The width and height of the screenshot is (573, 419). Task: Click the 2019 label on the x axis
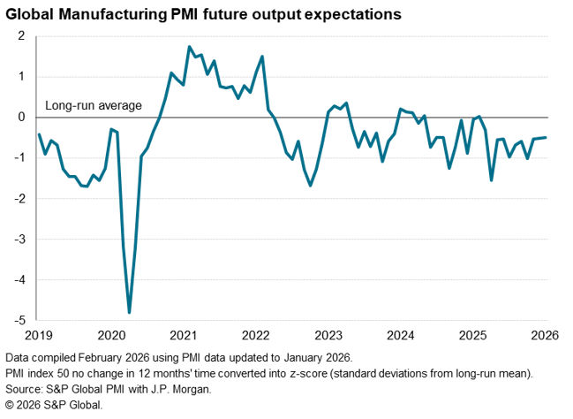[x=38, y=336]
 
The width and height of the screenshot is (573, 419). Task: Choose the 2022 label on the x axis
[x=255, y=336]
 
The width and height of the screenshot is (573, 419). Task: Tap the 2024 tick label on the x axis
[x=401, y=336]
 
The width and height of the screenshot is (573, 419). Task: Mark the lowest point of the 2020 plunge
[x=130, y=312]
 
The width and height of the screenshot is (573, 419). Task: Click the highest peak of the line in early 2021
[x=190, y=47]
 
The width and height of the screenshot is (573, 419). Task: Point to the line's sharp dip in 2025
[x=491, y=180]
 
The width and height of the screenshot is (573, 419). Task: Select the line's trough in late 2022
[x=311, y=185]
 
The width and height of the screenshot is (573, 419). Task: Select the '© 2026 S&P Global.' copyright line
[x=54, y=405]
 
